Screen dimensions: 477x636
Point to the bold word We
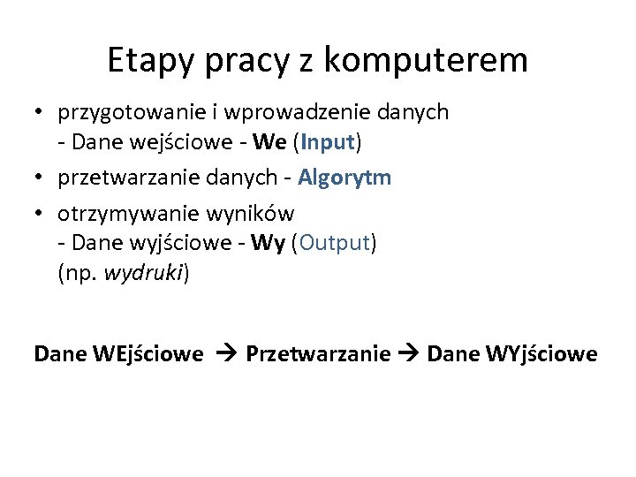pos(269,140)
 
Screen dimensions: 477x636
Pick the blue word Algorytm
pos(344,178)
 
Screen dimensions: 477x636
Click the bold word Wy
pos(266,243)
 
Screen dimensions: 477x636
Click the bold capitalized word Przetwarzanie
pos(318,354)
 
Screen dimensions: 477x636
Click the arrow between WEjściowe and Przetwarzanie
pos(224,354)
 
